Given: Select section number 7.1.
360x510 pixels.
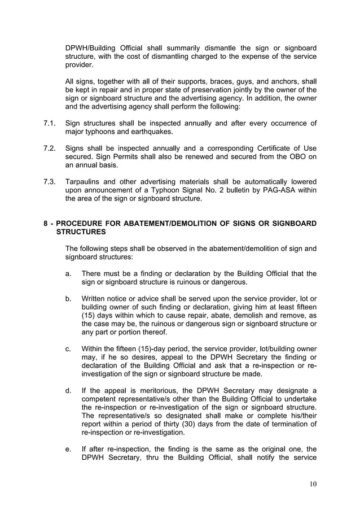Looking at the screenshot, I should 49,123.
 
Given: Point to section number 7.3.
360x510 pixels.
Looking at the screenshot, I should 49,181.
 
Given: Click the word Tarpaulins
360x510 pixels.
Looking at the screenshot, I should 84,181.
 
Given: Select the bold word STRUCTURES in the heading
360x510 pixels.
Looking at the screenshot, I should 81,232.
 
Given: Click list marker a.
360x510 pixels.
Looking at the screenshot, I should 68,273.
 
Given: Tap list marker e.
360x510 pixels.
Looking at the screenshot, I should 68,450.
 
